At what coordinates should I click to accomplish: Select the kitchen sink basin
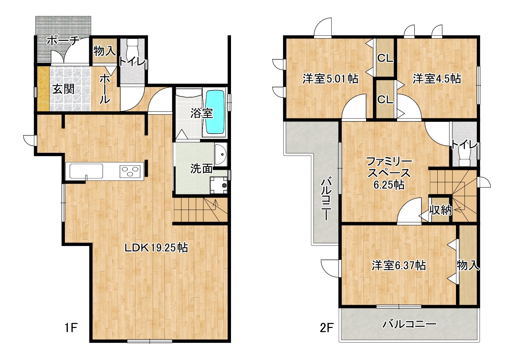click(x=86, y=171)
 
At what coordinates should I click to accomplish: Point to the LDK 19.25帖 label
click(x=156, y=248)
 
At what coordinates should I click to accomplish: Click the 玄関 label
click(x=63, y=89)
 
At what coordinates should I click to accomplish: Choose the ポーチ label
click(x=63, y=41)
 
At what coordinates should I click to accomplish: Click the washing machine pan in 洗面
click(x=219, y=185)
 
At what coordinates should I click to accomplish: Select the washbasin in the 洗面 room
click(x=221, y=154)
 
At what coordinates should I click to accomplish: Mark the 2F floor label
click(x=326, y=328)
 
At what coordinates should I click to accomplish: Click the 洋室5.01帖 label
click(x=330, y=79)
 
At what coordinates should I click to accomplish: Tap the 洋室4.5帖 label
click(x=437, y=79)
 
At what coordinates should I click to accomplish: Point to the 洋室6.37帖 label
click(x=399, y=266)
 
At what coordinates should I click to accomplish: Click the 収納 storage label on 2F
click(x=441, y=210)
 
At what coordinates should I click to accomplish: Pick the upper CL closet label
click(x=385, y=58)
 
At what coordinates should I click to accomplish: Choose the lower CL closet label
click(x=385, y=100)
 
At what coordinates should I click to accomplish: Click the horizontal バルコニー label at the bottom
click(x=409, y=324)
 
